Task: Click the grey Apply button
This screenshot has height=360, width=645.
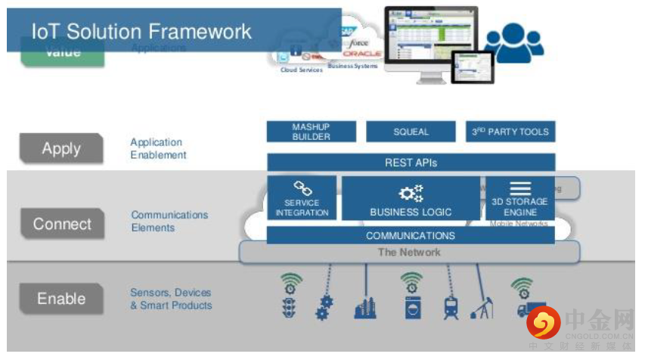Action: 60,149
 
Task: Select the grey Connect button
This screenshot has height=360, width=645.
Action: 62,224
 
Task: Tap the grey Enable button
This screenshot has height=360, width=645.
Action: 61,298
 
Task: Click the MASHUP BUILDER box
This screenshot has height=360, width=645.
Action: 311,132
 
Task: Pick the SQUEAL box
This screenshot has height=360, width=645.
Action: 411,132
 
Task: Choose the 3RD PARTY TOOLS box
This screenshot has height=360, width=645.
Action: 510,132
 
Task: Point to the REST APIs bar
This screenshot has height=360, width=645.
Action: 411,163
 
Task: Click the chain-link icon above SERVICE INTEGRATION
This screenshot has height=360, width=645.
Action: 302,188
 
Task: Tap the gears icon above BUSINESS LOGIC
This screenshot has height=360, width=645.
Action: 411,194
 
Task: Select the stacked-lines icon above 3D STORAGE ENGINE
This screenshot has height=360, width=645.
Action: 520,188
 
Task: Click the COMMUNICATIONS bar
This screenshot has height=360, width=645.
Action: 411,235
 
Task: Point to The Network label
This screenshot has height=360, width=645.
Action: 409,252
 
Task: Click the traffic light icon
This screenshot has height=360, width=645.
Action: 290,306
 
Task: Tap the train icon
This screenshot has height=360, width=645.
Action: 451,307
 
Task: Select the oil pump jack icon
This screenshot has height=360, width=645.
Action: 481,306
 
